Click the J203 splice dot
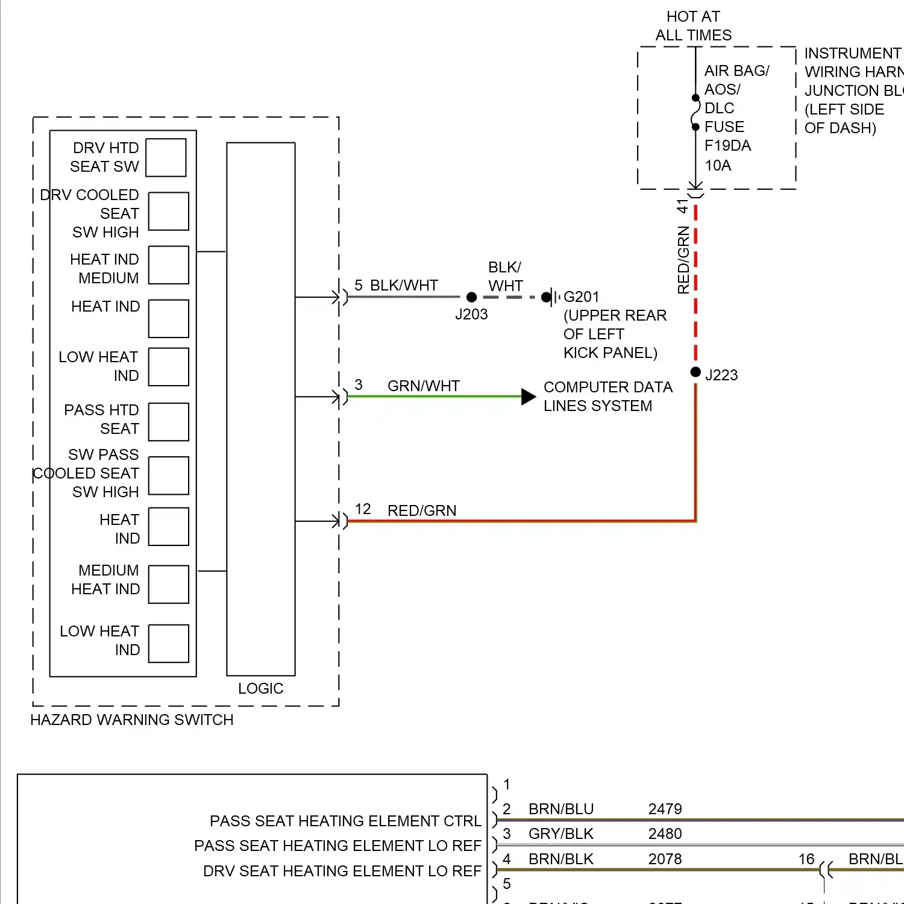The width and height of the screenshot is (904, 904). pyautogui.click(x=472, y=297)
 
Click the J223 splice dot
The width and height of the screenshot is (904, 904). pyautogui.click(x=695, y=372)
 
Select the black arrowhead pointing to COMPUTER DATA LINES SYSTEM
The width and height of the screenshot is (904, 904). pyautogui.click(x=528, y=397)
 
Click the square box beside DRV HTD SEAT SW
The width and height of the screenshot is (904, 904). pyautogui.click(x=166, y=158)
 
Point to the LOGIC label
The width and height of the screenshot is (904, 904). pyautogui.click(x=260, y=688)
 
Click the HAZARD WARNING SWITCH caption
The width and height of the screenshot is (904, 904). pyautogui.click(x=131, y=720)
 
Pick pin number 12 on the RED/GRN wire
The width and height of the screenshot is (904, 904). pyautogui.click(x=363, y=509)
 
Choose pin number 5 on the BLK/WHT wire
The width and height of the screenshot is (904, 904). pyautogui.click(x=359, y=285)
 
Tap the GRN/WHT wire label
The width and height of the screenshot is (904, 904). pyautogui.click(x=423, y=386)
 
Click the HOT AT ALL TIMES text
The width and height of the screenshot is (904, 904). pyautogui.click(x=693, y=26)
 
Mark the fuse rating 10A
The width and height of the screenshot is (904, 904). pyautogui.click(x=718, y=165)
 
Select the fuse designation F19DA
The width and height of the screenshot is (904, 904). pyautogui.click(x=727, y=146)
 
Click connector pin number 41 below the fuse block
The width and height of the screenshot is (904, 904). pyautogui.click(x=682, y=206)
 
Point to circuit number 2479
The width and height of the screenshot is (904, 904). pyautogui.click(x=665, y=809)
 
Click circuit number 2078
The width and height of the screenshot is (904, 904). pyautogui.click(x=665, y=859)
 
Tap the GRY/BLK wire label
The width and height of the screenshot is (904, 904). pyautogui.click(x=560, y=833)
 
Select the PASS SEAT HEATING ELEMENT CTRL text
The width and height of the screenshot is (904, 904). pyautogui.click(x=345, y=821)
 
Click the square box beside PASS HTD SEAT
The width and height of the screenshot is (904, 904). pyautogui.click(x=169, y=422)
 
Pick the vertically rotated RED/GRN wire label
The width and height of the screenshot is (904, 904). pyautogui.click(x=683, y=260)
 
